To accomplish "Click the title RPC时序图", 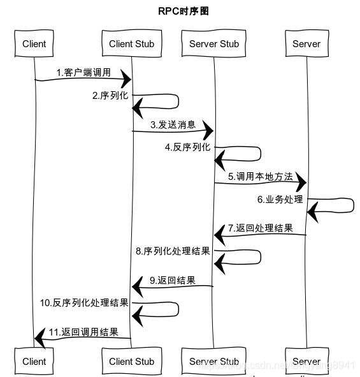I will tap(183, 11).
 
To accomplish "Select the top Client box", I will tap(34, 44).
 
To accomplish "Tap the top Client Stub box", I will tap(131, 44).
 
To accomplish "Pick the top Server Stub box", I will tap(214, 44).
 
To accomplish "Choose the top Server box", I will tap(306, 44).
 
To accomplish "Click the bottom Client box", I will tap(34, 361).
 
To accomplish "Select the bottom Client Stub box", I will tap(131, 361).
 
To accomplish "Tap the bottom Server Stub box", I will tap(214, 361).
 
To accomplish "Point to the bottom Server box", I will tap(306, 361).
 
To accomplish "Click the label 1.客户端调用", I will tap(83, 73).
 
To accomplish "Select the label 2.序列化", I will tap(110, 96).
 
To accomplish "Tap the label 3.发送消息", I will tap(173, 124).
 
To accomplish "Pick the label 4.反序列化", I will tap(187, 147).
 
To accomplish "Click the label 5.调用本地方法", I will tap(261, 176).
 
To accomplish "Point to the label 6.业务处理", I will tap(280, 199).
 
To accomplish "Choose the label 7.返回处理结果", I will tap(261, 228).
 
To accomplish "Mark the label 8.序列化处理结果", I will tap(173, 251).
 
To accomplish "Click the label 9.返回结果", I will tap(173, 280).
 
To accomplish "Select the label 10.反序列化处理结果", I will tap(84, 302).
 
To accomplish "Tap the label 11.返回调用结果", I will tap(83, 332).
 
